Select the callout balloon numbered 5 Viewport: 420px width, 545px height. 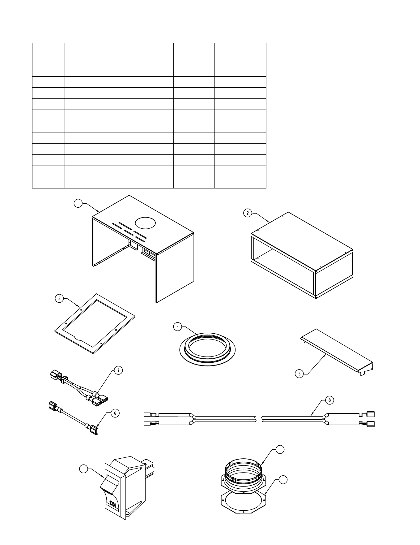(x=299, y=374)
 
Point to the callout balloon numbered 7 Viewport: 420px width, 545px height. (x=118, y=370)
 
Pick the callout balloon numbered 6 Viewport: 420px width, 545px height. (x=115, y=413)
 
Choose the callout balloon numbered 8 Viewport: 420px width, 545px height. (x=330, y=400)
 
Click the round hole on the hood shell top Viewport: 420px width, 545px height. (x=145, y=222)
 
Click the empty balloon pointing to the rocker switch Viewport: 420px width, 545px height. (x=83, y=469)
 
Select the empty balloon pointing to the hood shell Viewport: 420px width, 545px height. (x=78, y=203)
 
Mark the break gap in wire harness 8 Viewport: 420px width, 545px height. (x=259, y=419)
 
